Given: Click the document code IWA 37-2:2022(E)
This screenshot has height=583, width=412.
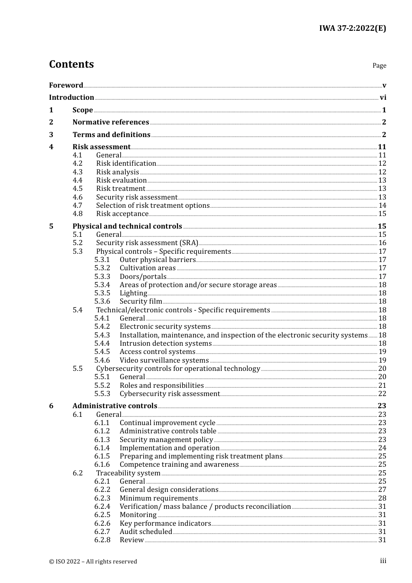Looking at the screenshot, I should pos(352,28).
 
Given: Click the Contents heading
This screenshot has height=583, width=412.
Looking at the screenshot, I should pos(71,64).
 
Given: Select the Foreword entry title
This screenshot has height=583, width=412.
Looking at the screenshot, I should pos(66,85).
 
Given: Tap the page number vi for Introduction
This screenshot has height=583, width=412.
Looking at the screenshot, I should pos(383,98).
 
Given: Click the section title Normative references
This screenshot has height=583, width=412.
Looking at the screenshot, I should pos(111,122).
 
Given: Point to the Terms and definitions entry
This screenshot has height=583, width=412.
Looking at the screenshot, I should pos(111,135).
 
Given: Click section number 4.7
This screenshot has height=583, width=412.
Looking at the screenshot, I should pos(77,206).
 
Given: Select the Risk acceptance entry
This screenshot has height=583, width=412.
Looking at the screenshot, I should pos(122,214).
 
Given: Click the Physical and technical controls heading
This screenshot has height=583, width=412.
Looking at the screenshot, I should pos(127,226).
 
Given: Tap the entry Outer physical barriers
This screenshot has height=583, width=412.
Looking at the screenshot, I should pos(157,260).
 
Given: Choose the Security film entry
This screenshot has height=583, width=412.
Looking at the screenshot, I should pos(141,301).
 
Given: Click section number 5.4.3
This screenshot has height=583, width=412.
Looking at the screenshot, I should pos(102,335).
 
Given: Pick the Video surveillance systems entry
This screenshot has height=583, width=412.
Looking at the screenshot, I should pos(164,360).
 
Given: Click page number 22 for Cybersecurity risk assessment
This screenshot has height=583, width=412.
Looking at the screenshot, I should pos(382,394).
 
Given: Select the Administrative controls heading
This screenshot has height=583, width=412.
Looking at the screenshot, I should pos(114,406).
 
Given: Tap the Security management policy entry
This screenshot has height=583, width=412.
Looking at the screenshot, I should pos(166,440).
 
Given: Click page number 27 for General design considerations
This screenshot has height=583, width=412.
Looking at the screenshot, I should pos(382,490).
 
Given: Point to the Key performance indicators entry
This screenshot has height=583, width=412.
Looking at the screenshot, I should pos(165,524).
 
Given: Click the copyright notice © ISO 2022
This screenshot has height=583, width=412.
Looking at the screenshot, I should pos(93,561).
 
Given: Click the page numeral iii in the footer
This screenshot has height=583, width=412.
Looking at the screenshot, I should pos(383,561).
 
